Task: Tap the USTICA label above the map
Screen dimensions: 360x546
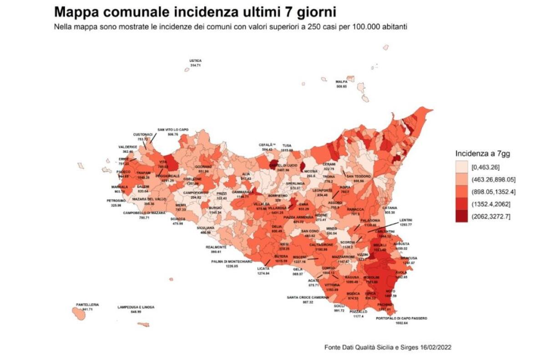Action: pos(196,61)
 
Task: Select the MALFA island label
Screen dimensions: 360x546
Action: pos(341,82)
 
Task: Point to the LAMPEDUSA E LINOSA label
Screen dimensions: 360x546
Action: pos(136,307)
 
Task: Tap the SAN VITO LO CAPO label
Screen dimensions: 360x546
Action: pos(173,130)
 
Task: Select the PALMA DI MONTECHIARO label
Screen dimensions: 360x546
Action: pos(232,262)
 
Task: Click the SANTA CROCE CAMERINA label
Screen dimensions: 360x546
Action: pos(308,297)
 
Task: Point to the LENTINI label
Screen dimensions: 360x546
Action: pos(405,220)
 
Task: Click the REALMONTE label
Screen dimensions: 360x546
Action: pos(216,247)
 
